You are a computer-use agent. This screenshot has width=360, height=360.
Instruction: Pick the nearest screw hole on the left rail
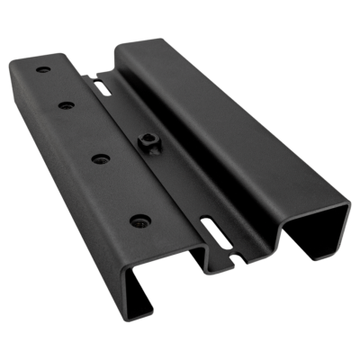tap(137, 219)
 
